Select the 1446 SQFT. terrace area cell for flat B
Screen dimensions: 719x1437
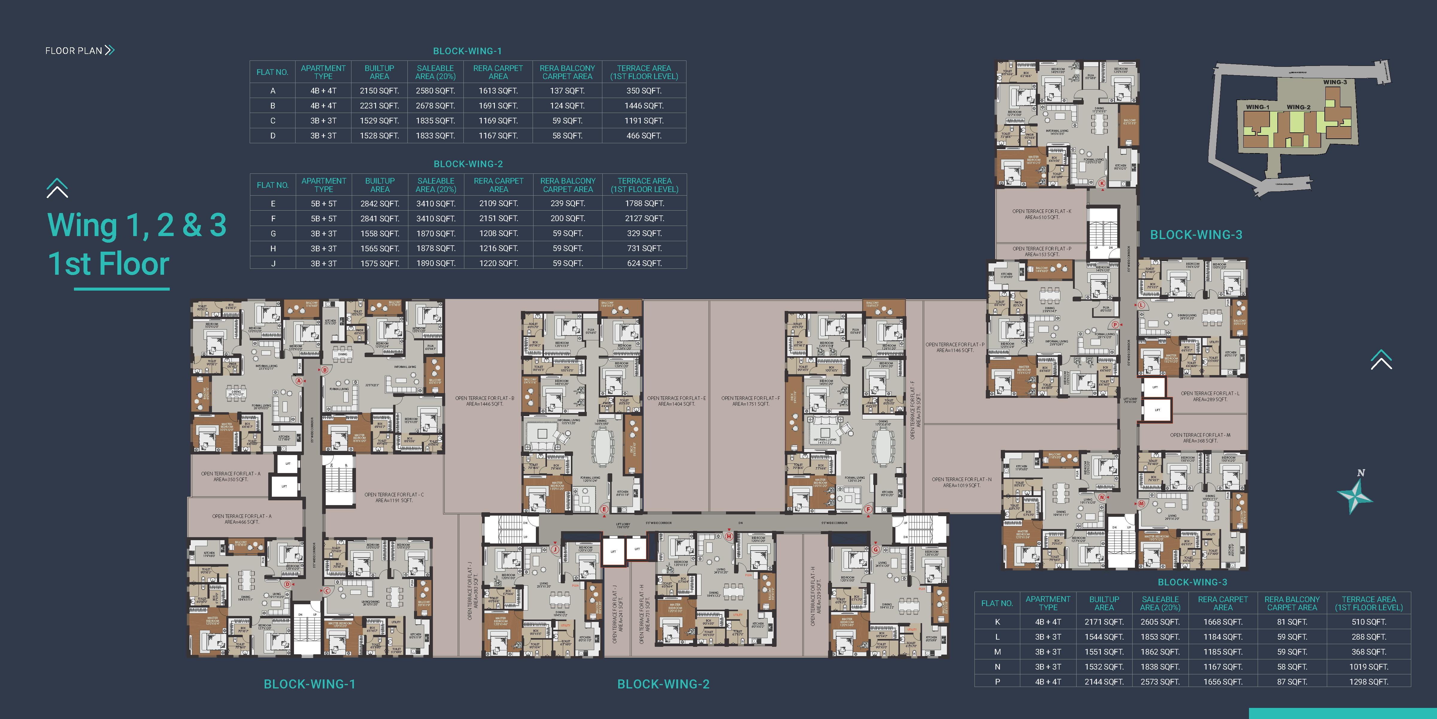(644, 105)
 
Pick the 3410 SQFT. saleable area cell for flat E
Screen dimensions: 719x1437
(436, 204)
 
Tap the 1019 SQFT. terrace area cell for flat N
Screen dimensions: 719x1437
(1368, 667)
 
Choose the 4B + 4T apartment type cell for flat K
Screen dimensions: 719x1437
(1048, 622)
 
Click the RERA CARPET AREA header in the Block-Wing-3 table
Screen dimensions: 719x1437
(1222, 603)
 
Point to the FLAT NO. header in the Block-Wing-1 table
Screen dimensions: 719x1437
(272, 72)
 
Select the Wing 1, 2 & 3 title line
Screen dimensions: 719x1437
(137, 225)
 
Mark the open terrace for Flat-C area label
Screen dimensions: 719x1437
(394, 497)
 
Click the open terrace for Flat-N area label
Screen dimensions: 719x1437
(961, 482)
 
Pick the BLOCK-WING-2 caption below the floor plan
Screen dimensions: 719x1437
(663, 684)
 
